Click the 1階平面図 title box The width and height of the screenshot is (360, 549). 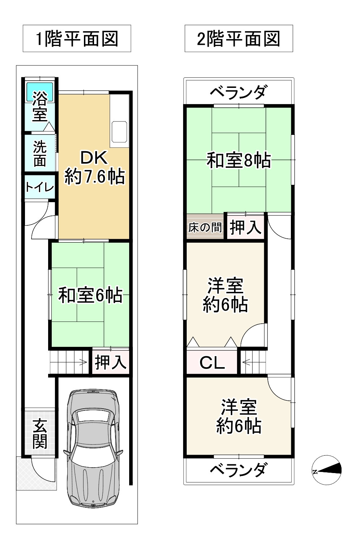coord(77,39)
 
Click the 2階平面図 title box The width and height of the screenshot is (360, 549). coord(238,39)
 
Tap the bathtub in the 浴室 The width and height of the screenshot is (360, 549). coord(40,92)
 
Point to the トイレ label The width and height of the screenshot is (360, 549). coord(39,187)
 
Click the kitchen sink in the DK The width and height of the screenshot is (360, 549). coord(119,131)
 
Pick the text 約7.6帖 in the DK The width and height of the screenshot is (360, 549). coord(95,177)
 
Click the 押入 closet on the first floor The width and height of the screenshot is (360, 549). coord(110,362)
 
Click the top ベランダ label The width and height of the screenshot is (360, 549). coord(238,92)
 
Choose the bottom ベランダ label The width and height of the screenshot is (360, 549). coord(238,470)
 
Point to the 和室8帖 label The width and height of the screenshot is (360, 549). coord(238,160)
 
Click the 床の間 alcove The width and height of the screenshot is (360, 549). coord(205,227)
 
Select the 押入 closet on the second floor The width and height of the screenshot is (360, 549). coord(246,227)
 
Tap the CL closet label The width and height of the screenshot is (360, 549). coord(212,362)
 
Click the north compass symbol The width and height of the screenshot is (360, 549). coord(326,470)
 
